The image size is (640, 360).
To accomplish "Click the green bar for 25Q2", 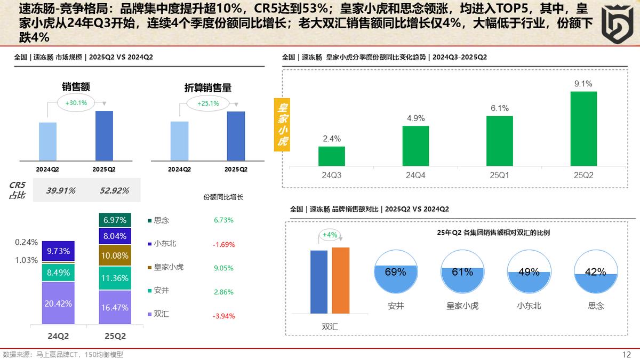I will pos(583,129).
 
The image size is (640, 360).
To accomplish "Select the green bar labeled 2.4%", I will pos(332,156).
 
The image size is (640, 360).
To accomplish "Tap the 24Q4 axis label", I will pos(415,175).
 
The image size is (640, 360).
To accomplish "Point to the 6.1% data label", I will pos(499,108).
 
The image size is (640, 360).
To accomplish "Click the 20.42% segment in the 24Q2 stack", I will pos(58,303).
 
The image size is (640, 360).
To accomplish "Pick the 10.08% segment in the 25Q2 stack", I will pos(115,255).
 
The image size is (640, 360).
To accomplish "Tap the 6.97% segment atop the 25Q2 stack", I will pos(115,220).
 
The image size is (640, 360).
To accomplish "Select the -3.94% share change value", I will pos(223,316).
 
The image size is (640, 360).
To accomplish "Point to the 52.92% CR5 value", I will pos(113,190).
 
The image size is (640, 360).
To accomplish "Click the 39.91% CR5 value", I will pos(61,190).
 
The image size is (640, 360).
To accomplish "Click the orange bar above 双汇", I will pos(340,280).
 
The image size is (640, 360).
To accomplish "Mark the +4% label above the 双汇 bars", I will pos(330,235).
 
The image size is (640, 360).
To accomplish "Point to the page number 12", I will pos(627,354).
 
